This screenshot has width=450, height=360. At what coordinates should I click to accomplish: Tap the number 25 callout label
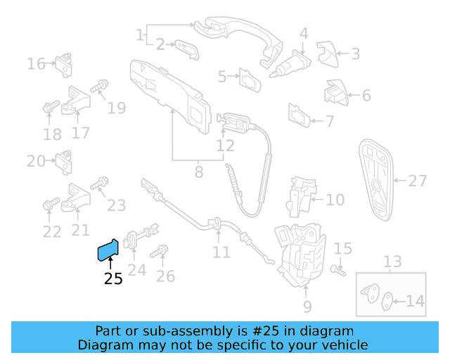tap(112, 279)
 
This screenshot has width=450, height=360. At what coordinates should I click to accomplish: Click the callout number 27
tap(418, 181)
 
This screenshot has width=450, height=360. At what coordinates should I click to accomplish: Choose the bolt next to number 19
tap(99, 87)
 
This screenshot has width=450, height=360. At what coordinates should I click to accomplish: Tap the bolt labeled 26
tap(162, 250)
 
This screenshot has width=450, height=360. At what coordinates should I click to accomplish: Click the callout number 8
tap(199, 170)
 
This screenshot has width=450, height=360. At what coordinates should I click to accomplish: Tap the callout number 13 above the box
tap(392, 262)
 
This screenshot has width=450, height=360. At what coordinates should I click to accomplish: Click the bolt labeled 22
tap(49, 205)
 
